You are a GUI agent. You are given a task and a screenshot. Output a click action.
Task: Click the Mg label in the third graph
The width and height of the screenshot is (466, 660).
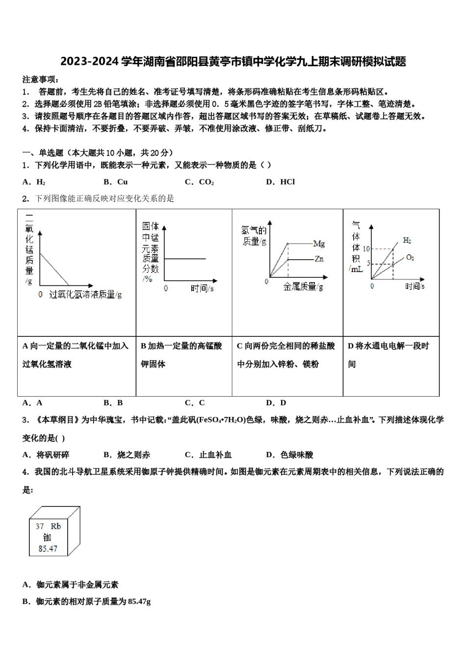click(319, 243)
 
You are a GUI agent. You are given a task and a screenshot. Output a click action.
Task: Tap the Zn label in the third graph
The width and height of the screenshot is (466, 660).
click(319, 259)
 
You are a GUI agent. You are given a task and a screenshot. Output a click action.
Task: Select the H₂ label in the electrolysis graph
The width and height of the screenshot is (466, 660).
click(407, 240)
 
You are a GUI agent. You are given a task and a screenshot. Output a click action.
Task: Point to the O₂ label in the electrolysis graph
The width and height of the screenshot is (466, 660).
click(410, 257)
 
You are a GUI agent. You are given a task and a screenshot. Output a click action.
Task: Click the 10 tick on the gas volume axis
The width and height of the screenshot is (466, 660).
click(365, 249)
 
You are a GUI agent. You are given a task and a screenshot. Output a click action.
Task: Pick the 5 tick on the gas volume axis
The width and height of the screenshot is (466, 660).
click(366, 264)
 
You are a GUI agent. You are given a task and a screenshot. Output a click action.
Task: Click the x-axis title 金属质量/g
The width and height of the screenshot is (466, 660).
click(303, 287)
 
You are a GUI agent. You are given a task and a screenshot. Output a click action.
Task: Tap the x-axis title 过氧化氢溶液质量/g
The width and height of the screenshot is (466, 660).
click(85, 295)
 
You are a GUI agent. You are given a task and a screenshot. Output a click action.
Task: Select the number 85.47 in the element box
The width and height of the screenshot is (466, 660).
click(48, 549)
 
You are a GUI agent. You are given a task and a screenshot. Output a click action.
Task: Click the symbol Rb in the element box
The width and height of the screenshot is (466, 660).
click(56, 526)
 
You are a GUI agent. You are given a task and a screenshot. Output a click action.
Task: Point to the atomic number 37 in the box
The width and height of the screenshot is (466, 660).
click(40, 526)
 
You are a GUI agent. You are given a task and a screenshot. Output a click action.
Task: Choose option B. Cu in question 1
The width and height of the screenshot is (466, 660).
click(116, 182)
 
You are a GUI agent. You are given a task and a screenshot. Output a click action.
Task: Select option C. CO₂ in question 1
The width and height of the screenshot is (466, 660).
click(199, 182)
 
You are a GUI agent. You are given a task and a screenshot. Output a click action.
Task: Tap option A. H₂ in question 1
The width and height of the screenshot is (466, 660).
click(34, 182)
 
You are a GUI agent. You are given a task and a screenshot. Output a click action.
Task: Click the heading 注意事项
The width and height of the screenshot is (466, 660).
click(40, 80)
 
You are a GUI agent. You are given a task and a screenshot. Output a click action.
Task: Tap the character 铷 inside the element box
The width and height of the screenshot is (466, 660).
click(47, 537)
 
